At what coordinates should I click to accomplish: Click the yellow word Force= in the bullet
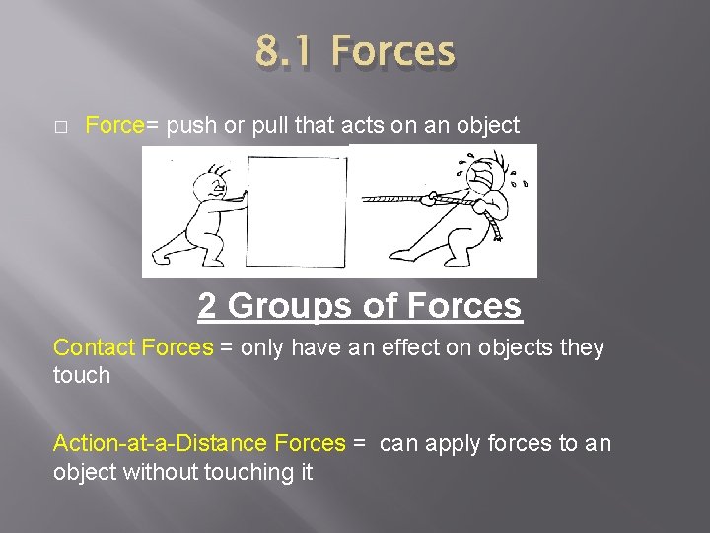point(122,126)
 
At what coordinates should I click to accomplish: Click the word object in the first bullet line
point(483,126)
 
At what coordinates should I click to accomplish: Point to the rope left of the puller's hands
point(394,198)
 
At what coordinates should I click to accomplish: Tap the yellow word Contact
point(95,347)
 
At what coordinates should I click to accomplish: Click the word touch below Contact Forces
point(82,375)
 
